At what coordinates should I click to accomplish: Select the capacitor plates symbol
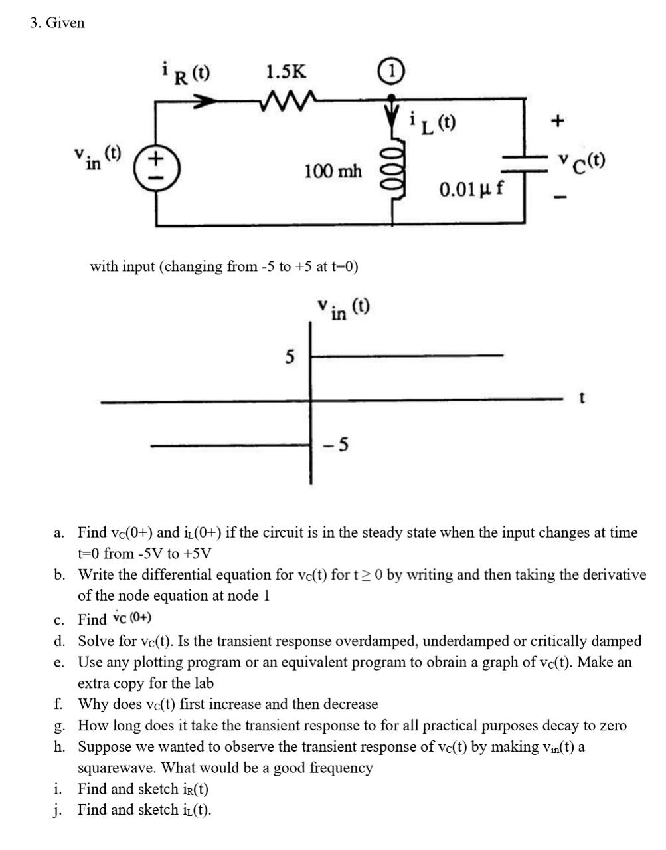coord(525,164)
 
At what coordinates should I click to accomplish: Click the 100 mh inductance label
coord(333,171)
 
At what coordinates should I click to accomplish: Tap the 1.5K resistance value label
coord(286,72)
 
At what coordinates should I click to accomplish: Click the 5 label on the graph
coord(289,358)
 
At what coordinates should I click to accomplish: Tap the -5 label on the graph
coord(336,444)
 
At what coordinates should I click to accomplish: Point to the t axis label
coord(582,398)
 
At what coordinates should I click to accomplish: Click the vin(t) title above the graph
coord(343,308)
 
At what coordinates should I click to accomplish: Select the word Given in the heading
coord(65,23)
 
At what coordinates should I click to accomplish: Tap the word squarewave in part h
coord(117,768)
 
